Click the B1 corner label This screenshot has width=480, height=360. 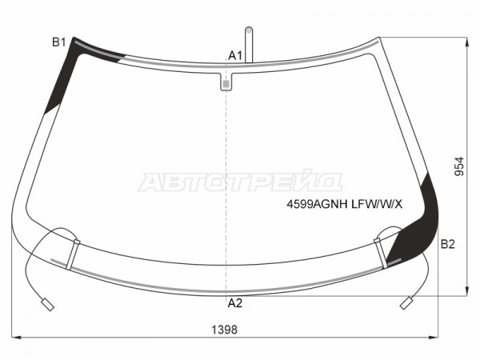coord(59,42)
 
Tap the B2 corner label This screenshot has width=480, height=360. coord(447,244)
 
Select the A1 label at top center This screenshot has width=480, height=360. coord(235,56)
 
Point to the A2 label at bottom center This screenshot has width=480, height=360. coord(235,303)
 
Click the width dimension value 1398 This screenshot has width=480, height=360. coord(224,330)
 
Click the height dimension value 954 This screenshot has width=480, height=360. coord(459,166)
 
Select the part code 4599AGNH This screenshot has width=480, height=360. coord(317,204)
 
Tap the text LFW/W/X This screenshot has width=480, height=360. coord(377,204)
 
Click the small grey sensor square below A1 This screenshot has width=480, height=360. coord(226,83)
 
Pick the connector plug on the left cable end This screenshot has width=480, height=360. coord(48,305)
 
